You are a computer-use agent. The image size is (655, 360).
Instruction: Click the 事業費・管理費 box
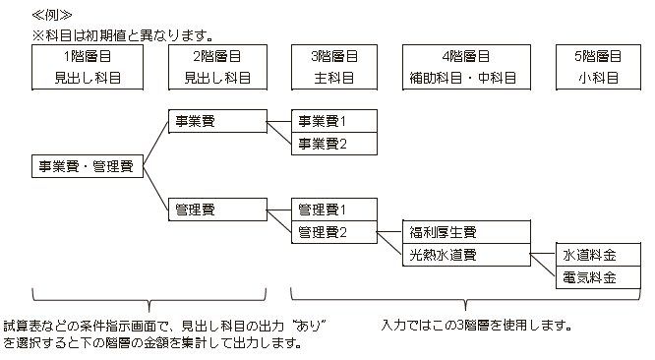tap(88, 166)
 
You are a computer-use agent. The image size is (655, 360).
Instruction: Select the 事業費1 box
tap(334, 121)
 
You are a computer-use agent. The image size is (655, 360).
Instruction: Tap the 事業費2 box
tap(334, 144)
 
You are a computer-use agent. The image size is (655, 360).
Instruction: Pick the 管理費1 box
tap(334, 210)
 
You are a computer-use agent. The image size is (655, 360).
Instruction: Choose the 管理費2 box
tap(334, 232)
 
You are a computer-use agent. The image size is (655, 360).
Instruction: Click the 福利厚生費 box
tap(466, 232)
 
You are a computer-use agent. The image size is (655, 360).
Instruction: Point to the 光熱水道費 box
tap(466, 255)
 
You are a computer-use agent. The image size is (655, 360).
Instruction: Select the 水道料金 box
tap(598, 255)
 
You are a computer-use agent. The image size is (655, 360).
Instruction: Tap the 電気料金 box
tap(598, 277)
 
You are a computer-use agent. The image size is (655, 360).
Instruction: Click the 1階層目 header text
tap(88, 56)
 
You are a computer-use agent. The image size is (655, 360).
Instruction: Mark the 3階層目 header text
tap(334, 56)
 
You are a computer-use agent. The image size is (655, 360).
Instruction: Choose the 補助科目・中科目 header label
tap(463, 78)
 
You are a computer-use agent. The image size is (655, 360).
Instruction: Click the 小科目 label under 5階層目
tap(598, 78)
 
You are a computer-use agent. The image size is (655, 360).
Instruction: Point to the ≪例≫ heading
tap(52, 16)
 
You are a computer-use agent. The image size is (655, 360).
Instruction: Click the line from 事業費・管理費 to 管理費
tap(155, 188)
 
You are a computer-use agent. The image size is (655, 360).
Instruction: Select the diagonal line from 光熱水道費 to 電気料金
tap(543, 265)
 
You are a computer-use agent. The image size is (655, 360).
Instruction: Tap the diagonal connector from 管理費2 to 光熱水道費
tap(389, 243)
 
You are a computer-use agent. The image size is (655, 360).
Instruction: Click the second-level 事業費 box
tap(217, 121)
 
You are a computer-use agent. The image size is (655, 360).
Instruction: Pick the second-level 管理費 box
tap(217, 210)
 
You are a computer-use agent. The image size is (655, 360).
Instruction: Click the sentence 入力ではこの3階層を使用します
tap(476, 325)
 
